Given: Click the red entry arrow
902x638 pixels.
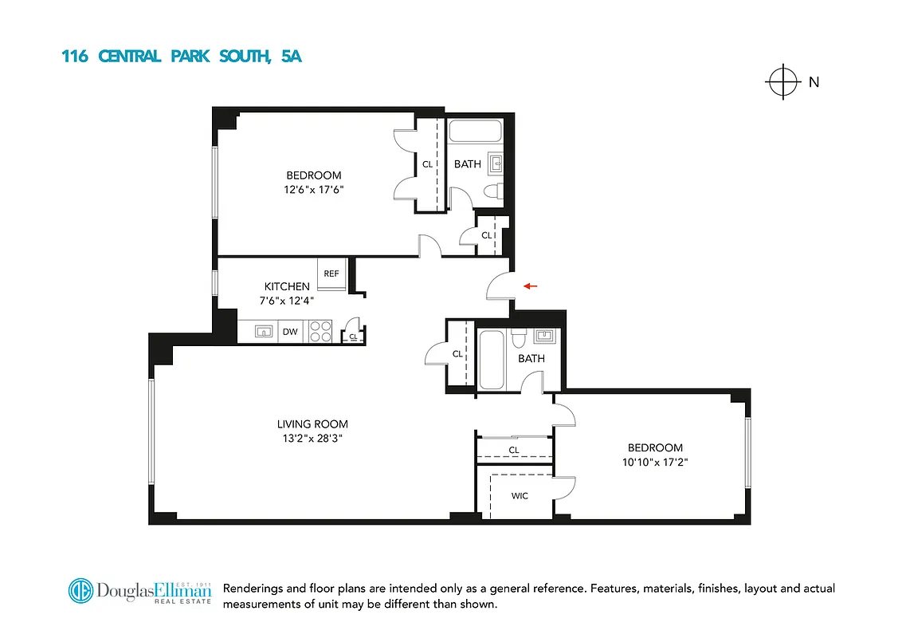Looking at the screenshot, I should (x=531, y=286).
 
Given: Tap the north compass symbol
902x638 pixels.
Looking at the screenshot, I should (x=783, y=81).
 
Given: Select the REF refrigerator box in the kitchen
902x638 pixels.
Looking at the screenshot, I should (x=331, y=274).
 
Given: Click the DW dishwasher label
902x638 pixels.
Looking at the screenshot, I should (x=290, y=331).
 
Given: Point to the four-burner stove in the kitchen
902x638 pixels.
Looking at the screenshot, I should (x=320, y=331).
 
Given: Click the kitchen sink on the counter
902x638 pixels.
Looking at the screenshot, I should (x=263, y=331).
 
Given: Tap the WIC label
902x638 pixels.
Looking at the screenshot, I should (x=520, y=495).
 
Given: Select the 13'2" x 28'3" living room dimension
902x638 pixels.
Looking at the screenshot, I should (x=312, y=439).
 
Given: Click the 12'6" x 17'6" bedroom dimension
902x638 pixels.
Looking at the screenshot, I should (x=314, y=190).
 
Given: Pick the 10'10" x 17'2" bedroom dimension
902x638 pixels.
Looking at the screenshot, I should (x=655, y=462).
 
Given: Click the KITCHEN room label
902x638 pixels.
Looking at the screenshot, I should (x=287, y=286).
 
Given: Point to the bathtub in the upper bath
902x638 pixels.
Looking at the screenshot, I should (x=475, y=130).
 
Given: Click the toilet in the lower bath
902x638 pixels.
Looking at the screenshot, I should (x=518, y=339).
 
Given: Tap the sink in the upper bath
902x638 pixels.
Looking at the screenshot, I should (x=496, y=164).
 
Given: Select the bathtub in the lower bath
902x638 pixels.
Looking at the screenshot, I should (x=491, y=360).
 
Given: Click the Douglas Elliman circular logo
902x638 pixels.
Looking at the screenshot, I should (x=80, y=591).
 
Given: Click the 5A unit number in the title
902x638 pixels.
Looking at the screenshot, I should (x=292, y=57).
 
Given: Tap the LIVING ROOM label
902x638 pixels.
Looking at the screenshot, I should (x=312, y=424).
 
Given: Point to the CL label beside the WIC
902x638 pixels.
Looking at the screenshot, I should (x=514, y=450).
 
